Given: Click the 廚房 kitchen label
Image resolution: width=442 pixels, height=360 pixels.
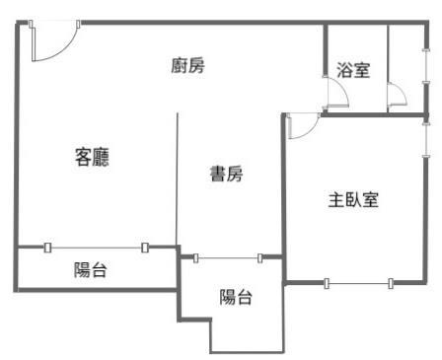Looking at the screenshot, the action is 187,66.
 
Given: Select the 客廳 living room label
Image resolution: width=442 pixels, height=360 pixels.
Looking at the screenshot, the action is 92,156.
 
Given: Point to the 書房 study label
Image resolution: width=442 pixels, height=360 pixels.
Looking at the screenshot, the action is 225,175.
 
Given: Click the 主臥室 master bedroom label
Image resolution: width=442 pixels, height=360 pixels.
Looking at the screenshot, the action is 353,199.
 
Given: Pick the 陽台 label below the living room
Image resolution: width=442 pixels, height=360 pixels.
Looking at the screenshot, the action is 91,270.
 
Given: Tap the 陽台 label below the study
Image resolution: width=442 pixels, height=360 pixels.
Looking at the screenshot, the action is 235,296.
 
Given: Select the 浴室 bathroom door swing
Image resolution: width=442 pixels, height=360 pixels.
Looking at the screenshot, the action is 336,91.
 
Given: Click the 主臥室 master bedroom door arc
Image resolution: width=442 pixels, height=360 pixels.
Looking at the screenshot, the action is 302,126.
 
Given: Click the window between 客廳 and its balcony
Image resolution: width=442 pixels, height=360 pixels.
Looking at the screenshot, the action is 96,248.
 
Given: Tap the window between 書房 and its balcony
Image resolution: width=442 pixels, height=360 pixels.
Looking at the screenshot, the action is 227,258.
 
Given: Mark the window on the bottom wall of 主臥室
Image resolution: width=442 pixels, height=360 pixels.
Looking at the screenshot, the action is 358,284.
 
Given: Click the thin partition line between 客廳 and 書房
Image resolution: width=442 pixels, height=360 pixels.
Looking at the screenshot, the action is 178,178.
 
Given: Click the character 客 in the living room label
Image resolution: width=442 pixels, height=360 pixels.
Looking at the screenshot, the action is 83,156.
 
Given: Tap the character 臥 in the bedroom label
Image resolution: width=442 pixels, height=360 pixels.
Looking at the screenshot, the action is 353,199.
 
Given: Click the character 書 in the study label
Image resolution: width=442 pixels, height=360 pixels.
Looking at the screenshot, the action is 216,175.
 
